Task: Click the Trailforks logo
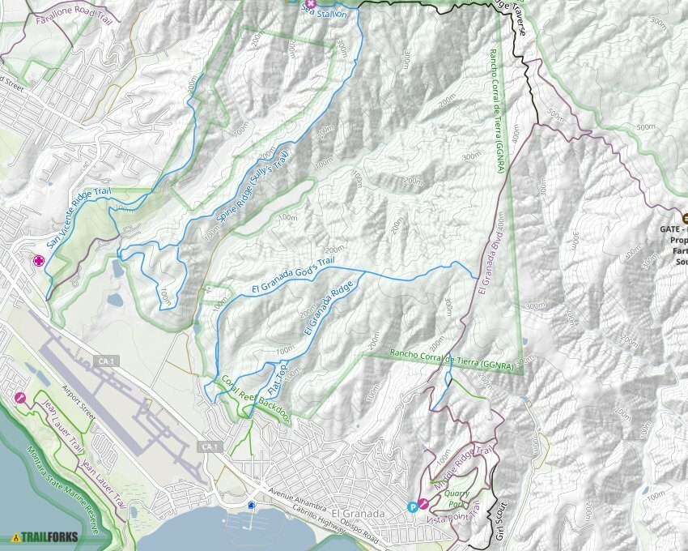45,536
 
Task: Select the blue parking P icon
413,506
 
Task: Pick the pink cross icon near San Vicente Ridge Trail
38,261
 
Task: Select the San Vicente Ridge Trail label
78,219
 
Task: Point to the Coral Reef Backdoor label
255,398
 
